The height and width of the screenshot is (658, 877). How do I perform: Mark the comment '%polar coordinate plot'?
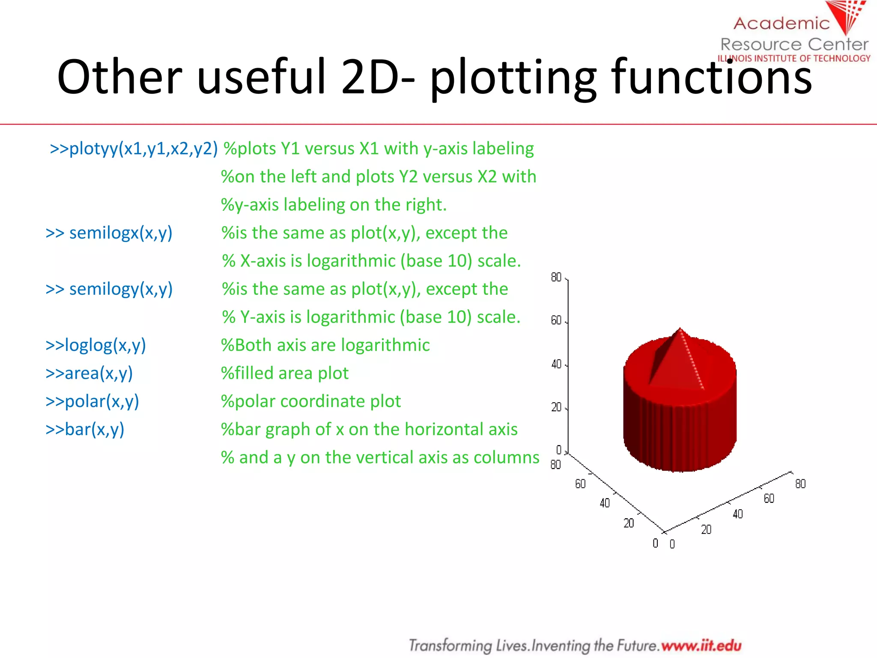[311, 401]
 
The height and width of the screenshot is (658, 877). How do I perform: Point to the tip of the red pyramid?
[680, 329]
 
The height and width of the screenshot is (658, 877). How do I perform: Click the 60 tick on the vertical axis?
[556, 320]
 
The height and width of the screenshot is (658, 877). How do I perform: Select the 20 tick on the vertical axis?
[556, 407]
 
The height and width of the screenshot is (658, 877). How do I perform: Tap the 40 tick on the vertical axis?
[556, 364]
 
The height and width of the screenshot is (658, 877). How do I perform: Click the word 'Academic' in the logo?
[782, 24]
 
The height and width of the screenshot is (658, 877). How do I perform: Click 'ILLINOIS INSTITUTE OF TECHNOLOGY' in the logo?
[794, 58]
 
